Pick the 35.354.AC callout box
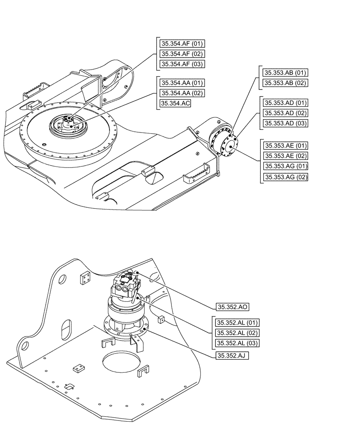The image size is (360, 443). [176, 104]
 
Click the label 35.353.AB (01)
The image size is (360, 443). [286, 72]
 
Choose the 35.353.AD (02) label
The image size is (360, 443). [286, 113]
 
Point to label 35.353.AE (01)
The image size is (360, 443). [286, 145]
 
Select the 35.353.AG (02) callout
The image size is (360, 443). [286, 177]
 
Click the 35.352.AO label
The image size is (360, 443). [232, 306]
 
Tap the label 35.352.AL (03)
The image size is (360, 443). [237, 343]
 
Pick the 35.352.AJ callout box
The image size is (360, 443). [232, 355]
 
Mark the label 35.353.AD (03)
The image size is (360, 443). [286, 123]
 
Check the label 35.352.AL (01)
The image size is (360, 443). [237, 323]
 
